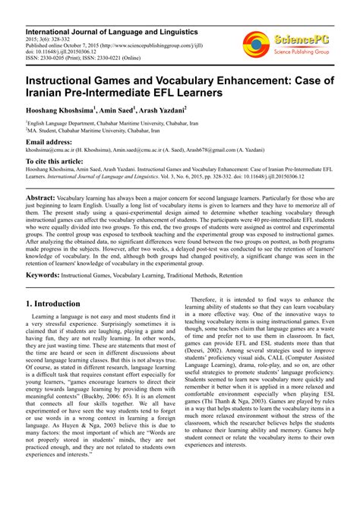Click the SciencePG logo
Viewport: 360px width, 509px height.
click(x=287, y=45)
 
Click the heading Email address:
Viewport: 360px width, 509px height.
click(x=50, y=142)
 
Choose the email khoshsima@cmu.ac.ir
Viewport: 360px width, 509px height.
click(x=53, y=150)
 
